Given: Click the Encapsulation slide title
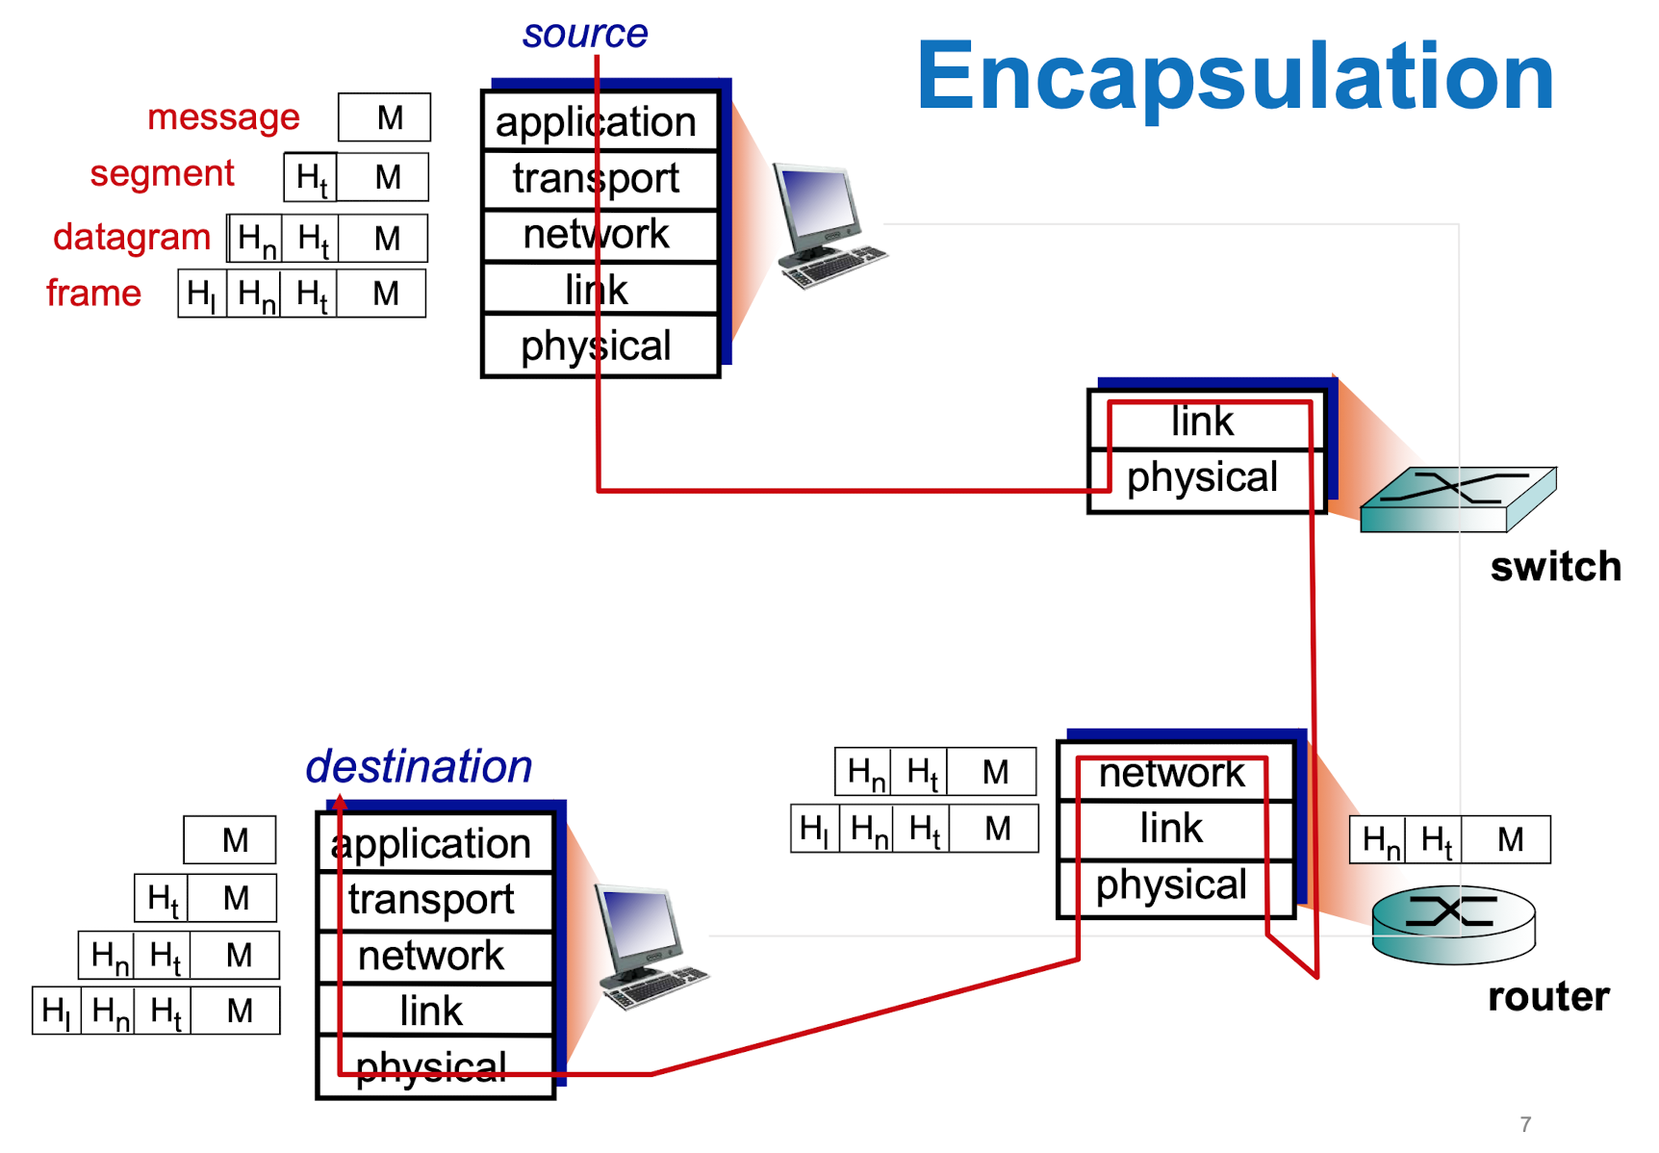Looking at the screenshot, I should coord(1235,77).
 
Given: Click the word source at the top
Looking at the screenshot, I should coord(585,35).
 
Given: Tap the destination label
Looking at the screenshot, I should coord(419,767).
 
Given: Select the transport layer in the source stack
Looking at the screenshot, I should coord(597,179).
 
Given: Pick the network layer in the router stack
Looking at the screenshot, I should coord(1172,773).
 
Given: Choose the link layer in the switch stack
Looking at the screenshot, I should coord(1203,422).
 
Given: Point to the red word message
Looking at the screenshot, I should coord(223,117).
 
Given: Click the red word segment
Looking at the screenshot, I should coord(162,174).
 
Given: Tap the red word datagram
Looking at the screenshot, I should coord(132,237).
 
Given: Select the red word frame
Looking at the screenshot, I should coord(93,294).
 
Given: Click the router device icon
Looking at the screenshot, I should coord(1453,924).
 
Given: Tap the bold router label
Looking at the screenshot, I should coord(1547,997).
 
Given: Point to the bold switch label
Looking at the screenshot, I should coord(1555,567).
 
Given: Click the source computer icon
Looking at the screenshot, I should coord(828,226).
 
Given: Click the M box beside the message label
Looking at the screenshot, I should coord(385,117).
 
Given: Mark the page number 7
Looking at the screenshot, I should coord(1525,1124).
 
